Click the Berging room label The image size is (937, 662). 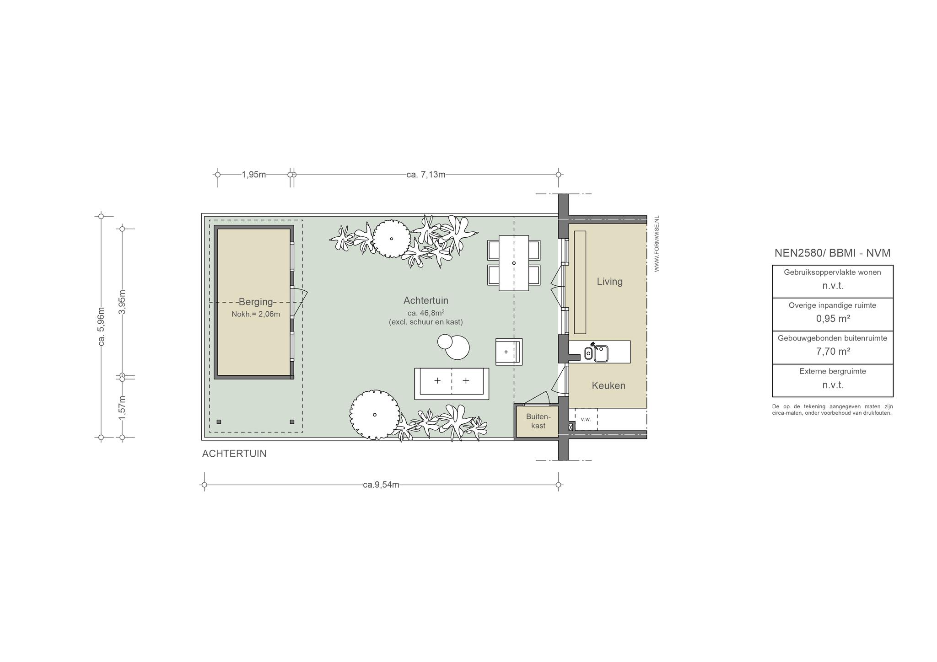click(x=256, y=302)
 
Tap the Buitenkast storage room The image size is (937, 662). click(x=538, y=422)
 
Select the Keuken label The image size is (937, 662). click(x=609, y=385)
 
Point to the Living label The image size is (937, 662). click(x=609, y=282)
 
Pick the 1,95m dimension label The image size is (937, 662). click(x=254, y=175)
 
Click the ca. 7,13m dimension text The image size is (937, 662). click(x=425, y=175)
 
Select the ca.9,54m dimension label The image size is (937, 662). click(x=381, y=485)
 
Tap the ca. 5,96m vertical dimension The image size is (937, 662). click(x=102, y=326)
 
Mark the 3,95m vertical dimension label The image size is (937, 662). click(x=122, y=302)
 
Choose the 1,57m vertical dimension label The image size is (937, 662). click(x=122, y=407)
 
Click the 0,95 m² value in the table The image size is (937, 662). click(x=833, y=319)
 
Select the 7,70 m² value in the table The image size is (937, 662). click(x=833, y=352)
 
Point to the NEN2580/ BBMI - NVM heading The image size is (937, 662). click(x=832, y=253)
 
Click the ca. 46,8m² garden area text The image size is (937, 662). click(x=426, y=313)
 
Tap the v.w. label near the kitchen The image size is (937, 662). click(x=586, y=419)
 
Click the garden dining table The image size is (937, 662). click(x=514, y=263)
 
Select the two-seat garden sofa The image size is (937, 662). click(x=452, y=384)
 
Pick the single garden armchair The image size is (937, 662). click(x=509, y=352)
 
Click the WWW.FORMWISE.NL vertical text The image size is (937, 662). click(x=657, y=244)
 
